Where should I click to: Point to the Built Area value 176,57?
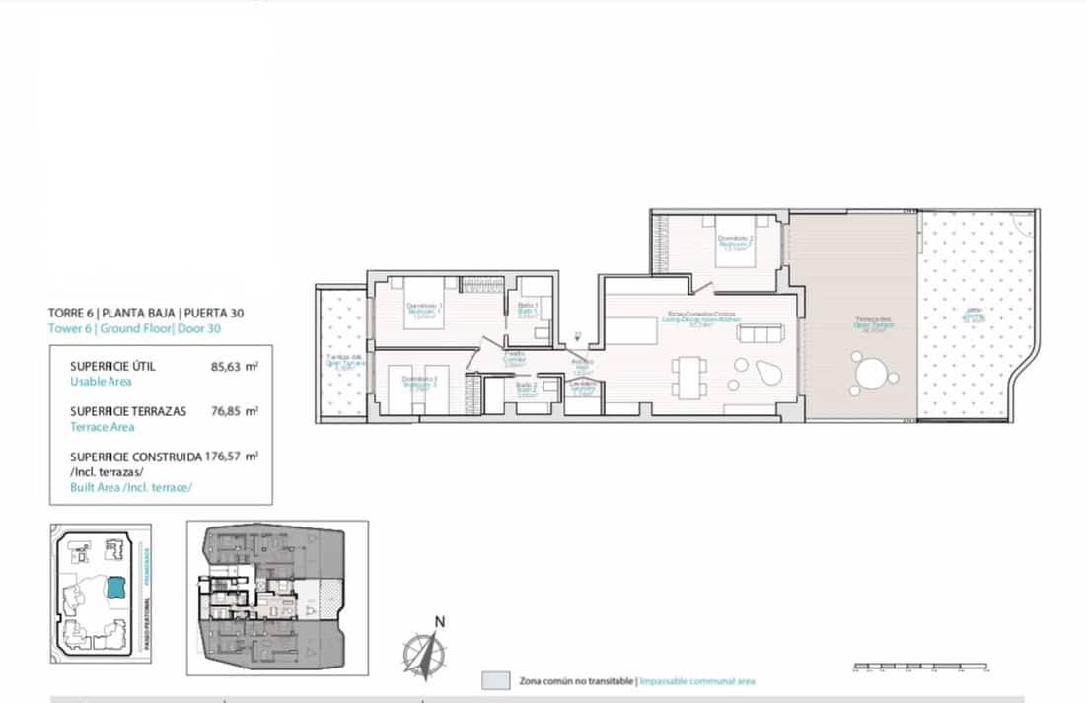click(x=234, y=457)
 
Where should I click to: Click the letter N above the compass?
click(x=440, y=621)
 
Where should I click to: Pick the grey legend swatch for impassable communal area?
click(x=496, y=681)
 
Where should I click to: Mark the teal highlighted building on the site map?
click(x=116, y=588)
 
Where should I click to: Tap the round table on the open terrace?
click(x=871, y=376)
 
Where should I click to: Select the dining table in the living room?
click(x=688, y=375)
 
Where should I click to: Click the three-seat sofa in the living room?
click(x=758, y=334)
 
